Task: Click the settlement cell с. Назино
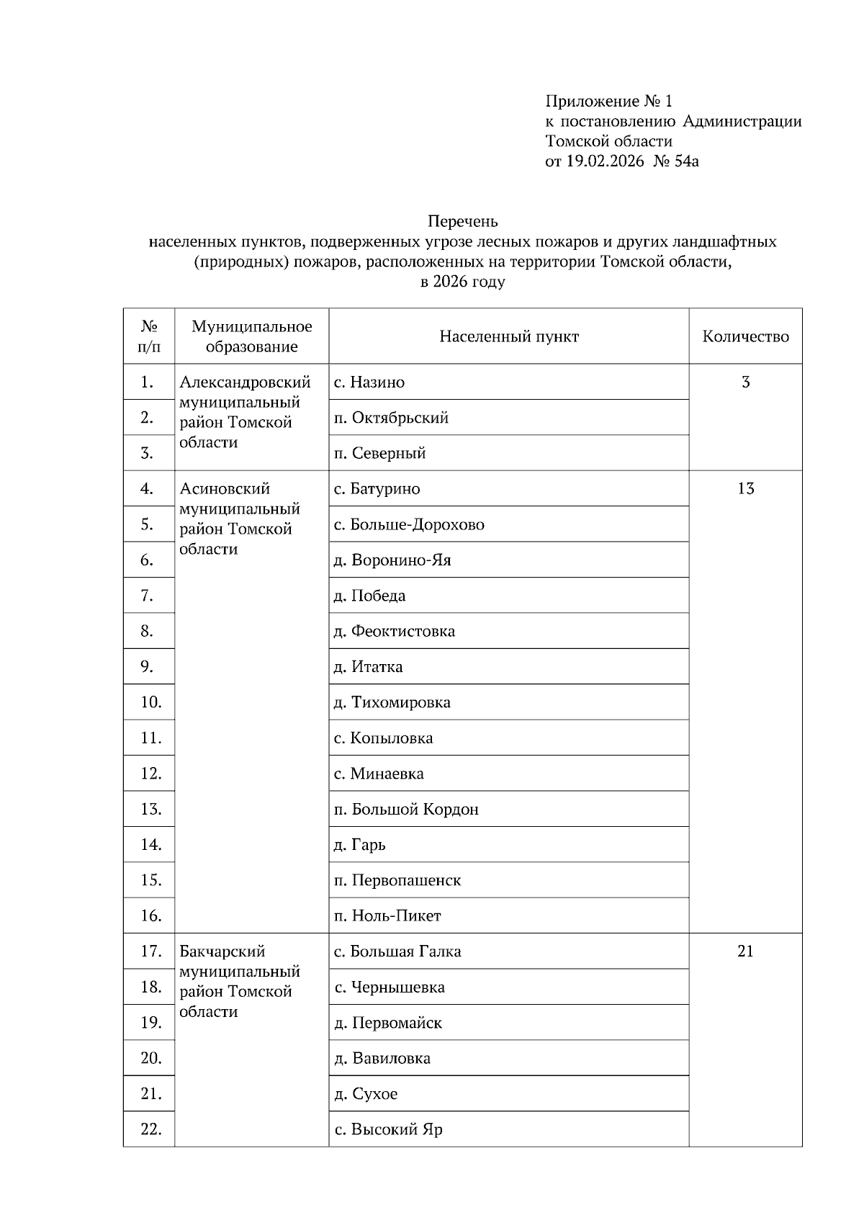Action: pyautogui.click(x=369, y=382)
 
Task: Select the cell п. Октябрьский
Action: pyautogui.click(x=391, y=418)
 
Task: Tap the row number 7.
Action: pyautogui.click(x=148, y=596)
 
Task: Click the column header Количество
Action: pyautogui.click(x=745, y=336)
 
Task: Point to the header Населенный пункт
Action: pyautogui.click(x=509, y=336)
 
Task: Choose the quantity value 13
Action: pyautogui.click(x=745, y=488)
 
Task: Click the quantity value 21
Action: pyautogui.click(x=745, y=951)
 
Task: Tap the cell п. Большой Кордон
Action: pyautogui.click(x=406, y=809)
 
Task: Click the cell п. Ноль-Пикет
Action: pyautogui.click(x=387, y=915)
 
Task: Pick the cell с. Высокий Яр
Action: pyautogui.click(x=388, y=1129)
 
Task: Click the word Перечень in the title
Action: pyautogui.click(x=462, y=221)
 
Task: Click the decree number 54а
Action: pyautogui.click(x=687, y=161)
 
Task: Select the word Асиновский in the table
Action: pyautogui.click(x=225, y=488)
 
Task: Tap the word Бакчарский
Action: pyautogui.click(x=222, y=951)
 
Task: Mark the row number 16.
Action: pyautogui.click(x=150, y=915)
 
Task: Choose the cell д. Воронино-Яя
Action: pyautogui.click(x=392, y=560)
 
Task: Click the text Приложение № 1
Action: pyautogui.click(x=608, y=101)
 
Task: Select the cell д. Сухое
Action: pyautogui.click(x=366, y=1093)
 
